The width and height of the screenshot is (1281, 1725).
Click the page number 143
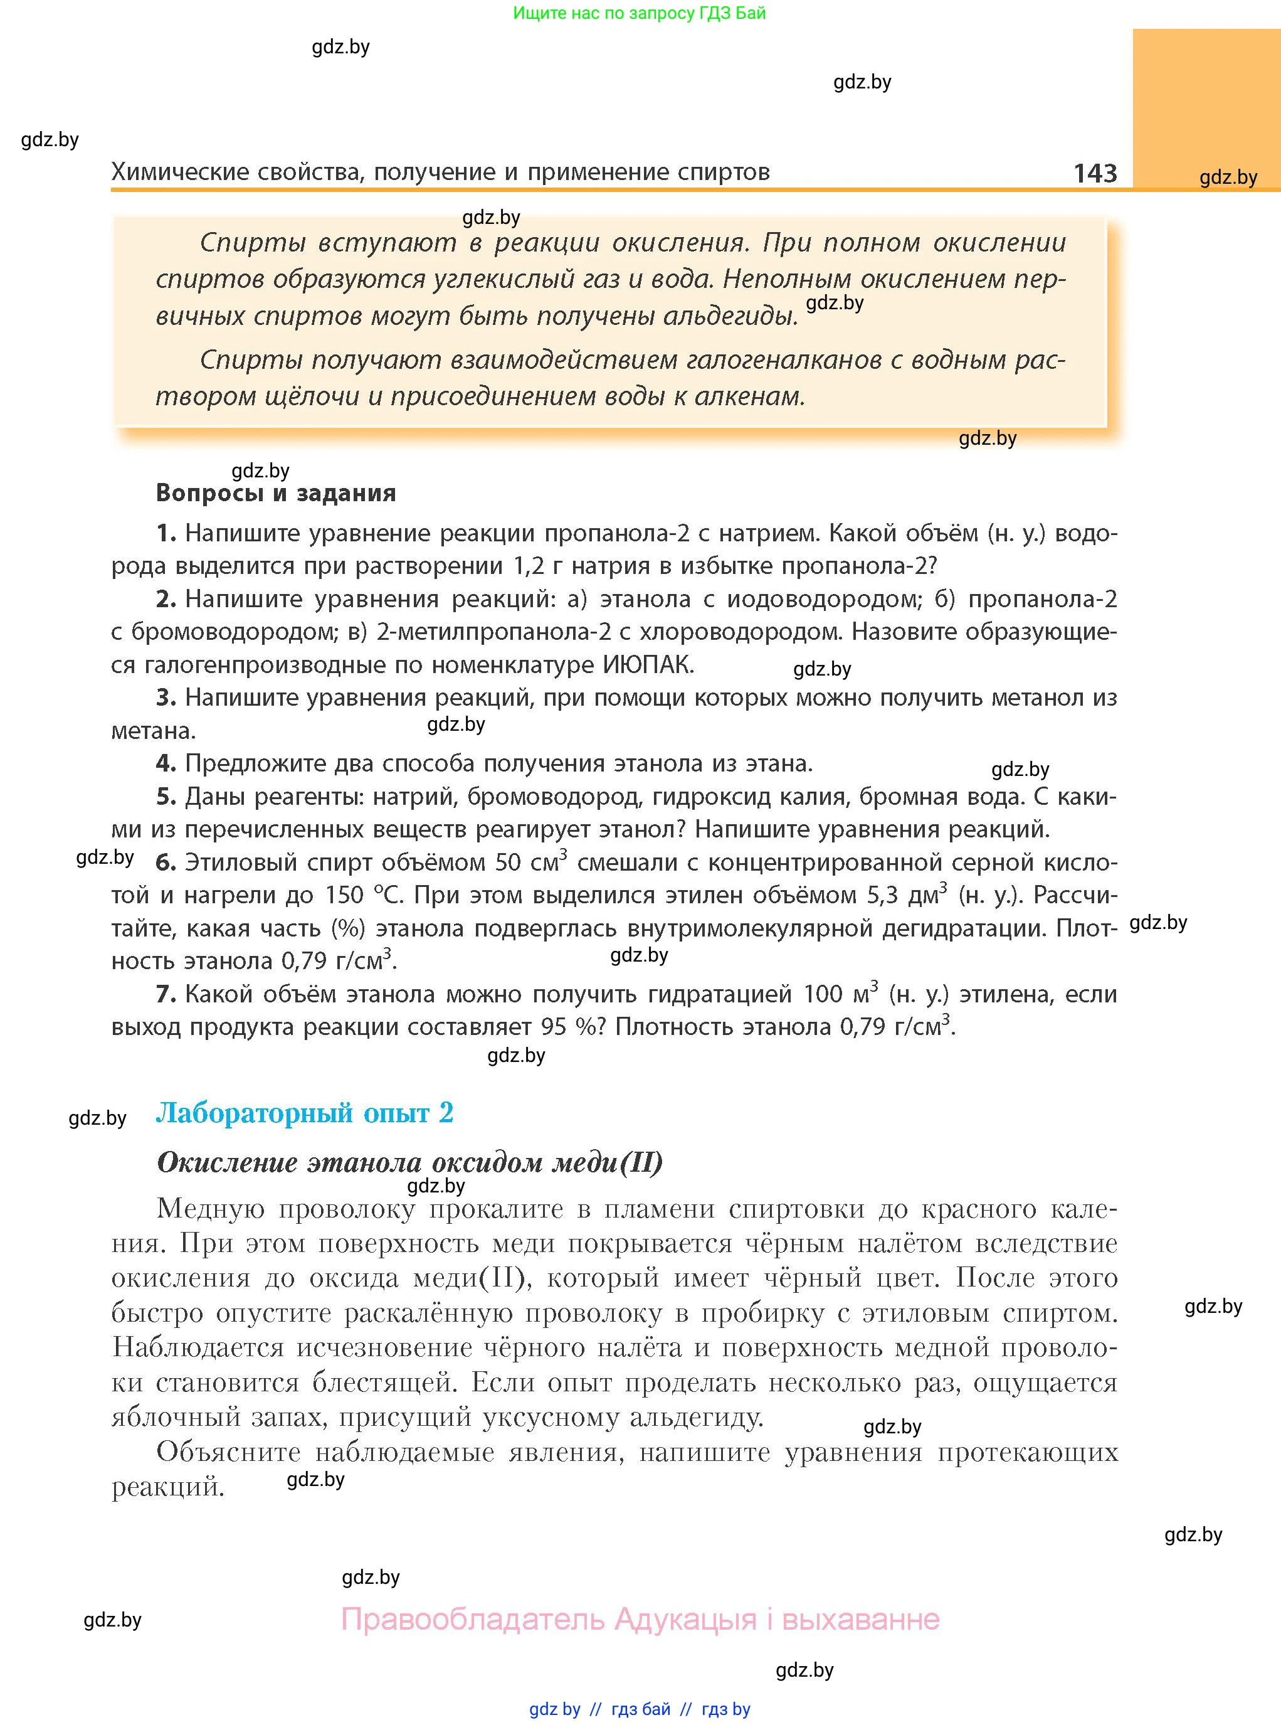[1095, 172]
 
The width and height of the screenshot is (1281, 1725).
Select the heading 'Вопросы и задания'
[276, 492]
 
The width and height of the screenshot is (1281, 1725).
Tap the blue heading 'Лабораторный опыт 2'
[305, 1113]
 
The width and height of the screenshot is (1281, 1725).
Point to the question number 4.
[165, 764]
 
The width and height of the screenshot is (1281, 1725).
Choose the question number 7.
[165, 994]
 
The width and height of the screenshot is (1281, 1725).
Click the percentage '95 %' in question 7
[573, 1027]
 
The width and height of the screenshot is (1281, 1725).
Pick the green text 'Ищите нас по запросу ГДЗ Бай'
[639, 13]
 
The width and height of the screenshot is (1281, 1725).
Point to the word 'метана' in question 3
[152, 731]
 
